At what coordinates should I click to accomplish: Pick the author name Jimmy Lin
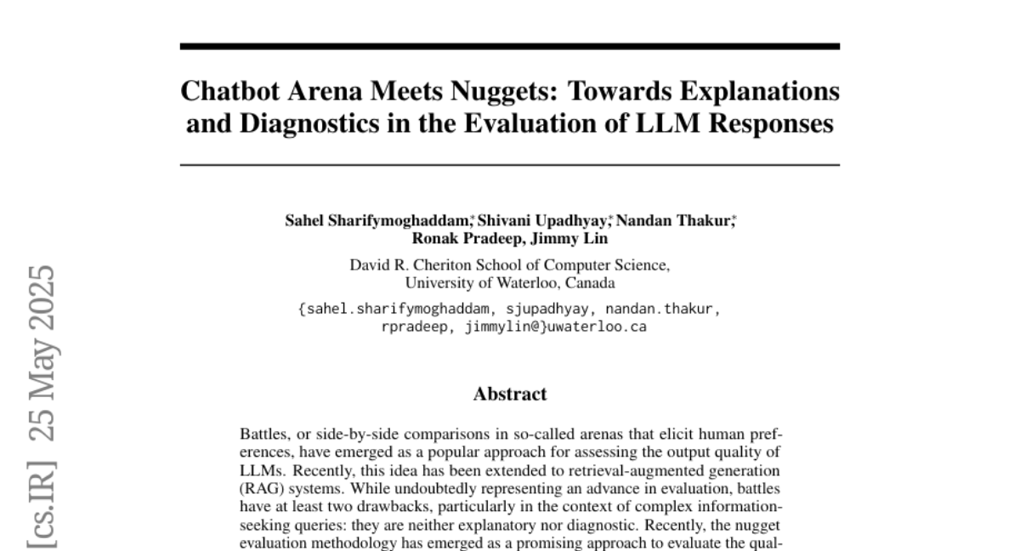(x=575, y=239)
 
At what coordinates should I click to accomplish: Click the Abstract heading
(x=509, y=394)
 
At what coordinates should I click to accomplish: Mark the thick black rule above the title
(x=509, y=47)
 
